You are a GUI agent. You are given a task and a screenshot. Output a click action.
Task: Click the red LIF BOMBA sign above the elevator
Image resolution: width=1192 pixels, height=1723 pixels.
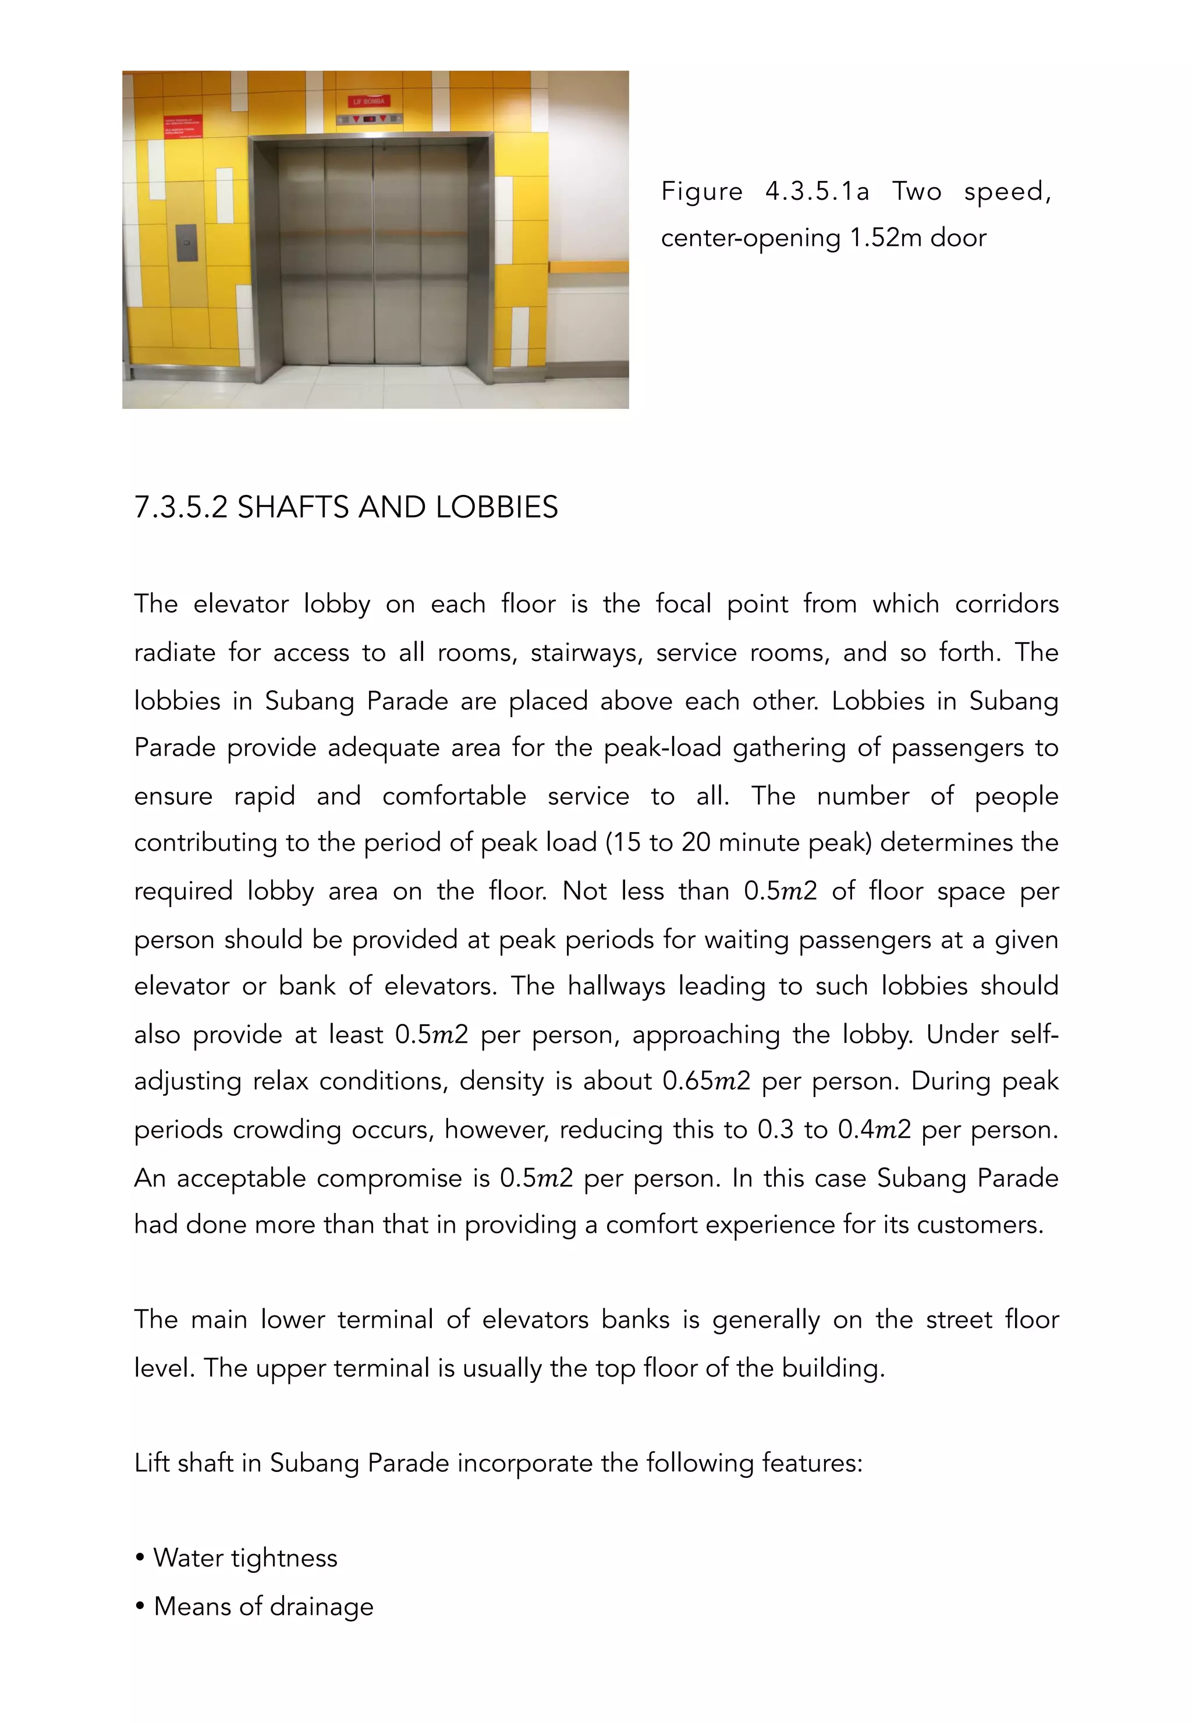(370, 101)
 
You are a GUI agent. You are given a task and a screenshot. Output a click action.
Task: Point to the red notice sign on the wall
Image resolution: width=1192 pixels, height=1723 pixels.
(182, 126)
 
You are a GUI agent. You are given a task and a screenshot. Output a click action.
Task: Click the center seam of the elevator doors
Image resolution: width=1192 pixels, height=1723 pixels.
(372, 254)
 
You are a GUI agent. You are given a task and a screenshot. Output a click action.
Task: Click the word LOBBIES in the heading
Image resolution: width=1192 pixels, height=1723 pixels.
(496, 507)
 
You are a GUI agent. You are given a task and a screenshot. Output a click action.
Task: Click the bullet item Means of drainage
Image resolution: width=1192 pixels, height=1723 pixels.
(263, 1606)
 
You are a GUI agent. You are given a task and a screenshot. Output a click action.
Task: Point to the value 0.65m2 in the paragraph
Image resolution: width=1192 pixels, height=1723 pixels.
(706, 1081)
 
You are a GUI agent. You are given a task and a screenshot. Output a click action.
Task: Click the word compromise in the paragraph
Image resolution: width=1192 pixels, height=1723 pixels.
(388, 1179)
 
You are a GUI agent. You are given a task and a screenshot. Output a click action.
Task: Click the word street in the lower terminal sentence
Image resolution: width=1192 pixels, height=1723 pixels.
(958, 1319)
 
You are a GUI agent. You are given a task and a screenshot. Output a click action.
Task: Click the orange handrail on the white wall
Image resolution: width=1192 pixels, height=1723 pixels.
(588, 266)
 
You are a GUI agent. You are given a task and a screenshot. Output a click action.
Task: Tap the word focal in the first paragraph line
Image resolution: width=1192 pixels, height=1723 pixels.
(683, 604)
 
